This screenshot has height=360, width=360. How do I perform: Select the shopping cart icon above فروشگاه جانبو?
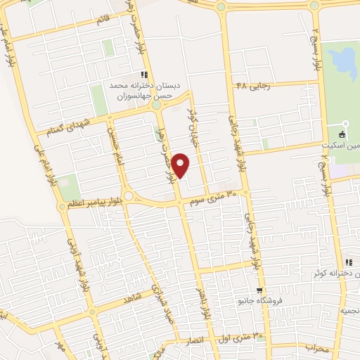259,290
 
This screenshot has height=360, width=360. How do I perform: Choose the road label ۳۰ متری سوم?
219,198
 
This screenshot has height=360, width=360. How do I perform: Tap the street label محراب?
317,347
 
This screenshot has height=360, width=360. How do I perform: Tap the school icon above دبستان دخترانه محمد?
144,75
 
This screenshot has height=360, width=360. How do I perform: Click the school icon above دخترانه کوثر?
349,263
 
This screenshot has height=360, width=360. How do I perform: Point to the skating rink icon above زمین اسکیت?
342,134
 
